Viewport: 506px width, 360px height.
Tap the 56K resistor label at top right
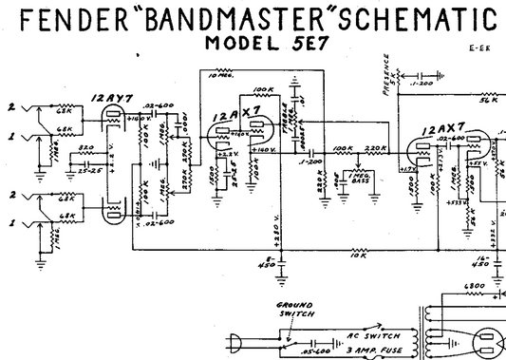(x=489, y=100)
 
